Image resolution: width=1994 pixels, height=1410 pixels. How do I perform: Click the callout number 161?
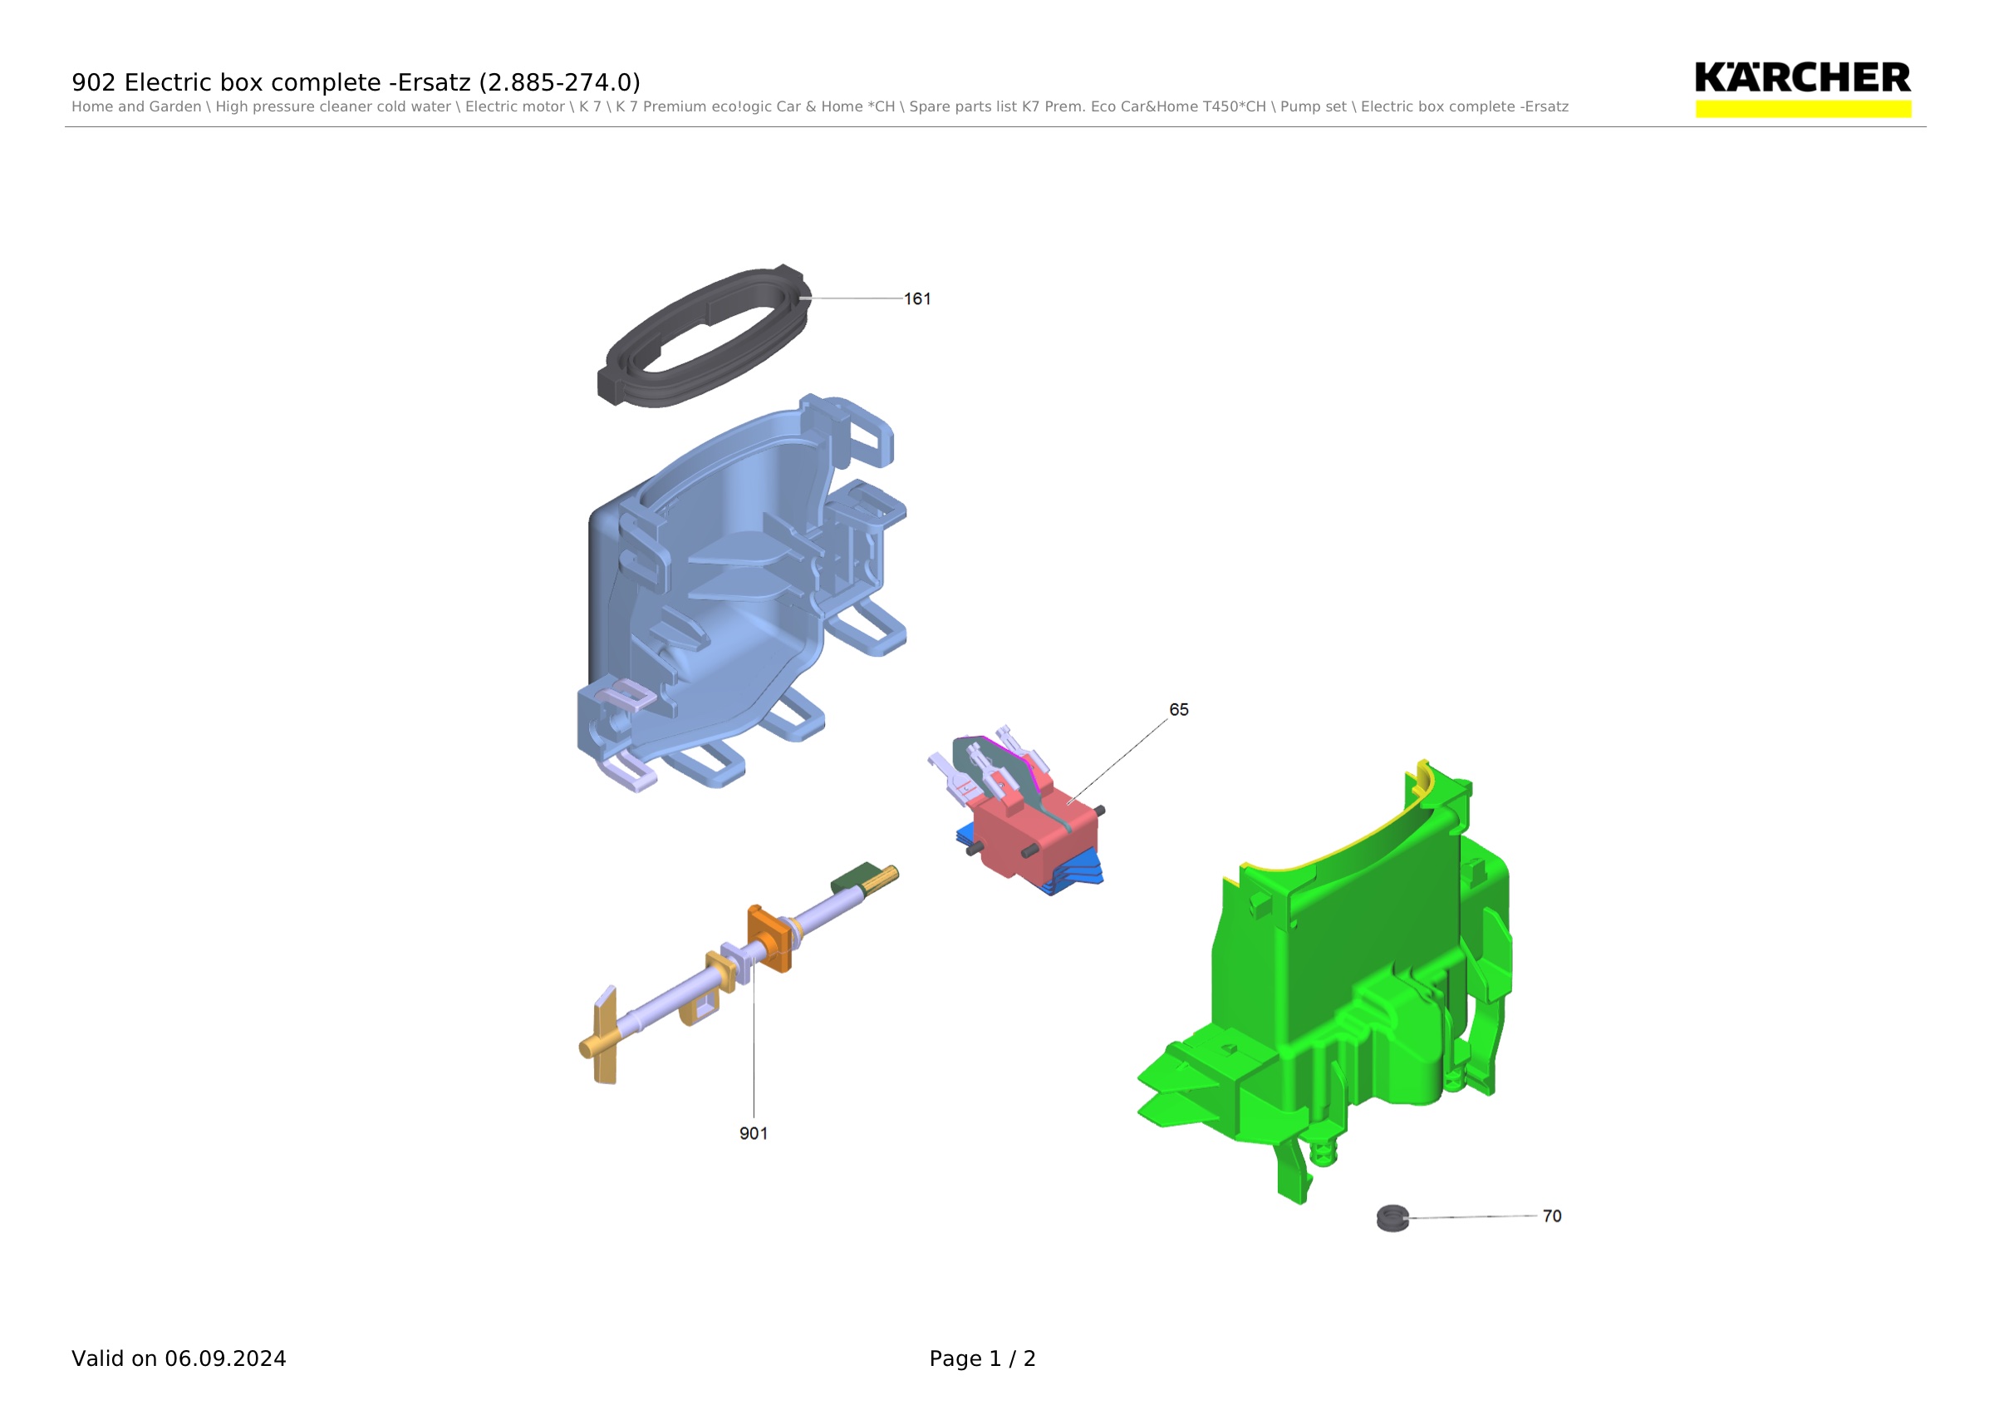pyautogui.click(x=917, y=298)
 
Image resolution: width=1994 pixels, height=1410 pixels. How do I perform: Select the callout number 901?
pyautogui.click(x=753, y=1133)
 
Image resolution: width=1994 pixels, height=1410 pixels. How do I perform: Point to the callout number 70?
pyautogui.click(x=1552, y=1216)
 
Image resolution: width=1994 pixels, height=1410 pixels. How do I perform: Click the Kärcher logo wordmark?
pyautogui.click(x=1802, y=77)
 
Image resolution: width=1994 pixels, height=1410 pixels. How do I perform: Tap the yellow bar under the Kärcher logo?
pyautogui.click(x=1803, y=109)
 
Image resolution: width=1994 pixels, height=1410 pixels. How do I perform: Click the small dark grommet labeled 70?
pyautogui.click(x=1392, y=1218)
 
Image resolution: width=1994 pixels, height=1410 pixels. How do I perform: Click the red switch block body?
pyautogui.click(x=1034, y=834)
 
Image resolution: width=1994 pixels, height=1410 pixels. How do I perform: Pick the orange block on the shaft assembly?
pyautogui.click(x=769, y=939)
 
